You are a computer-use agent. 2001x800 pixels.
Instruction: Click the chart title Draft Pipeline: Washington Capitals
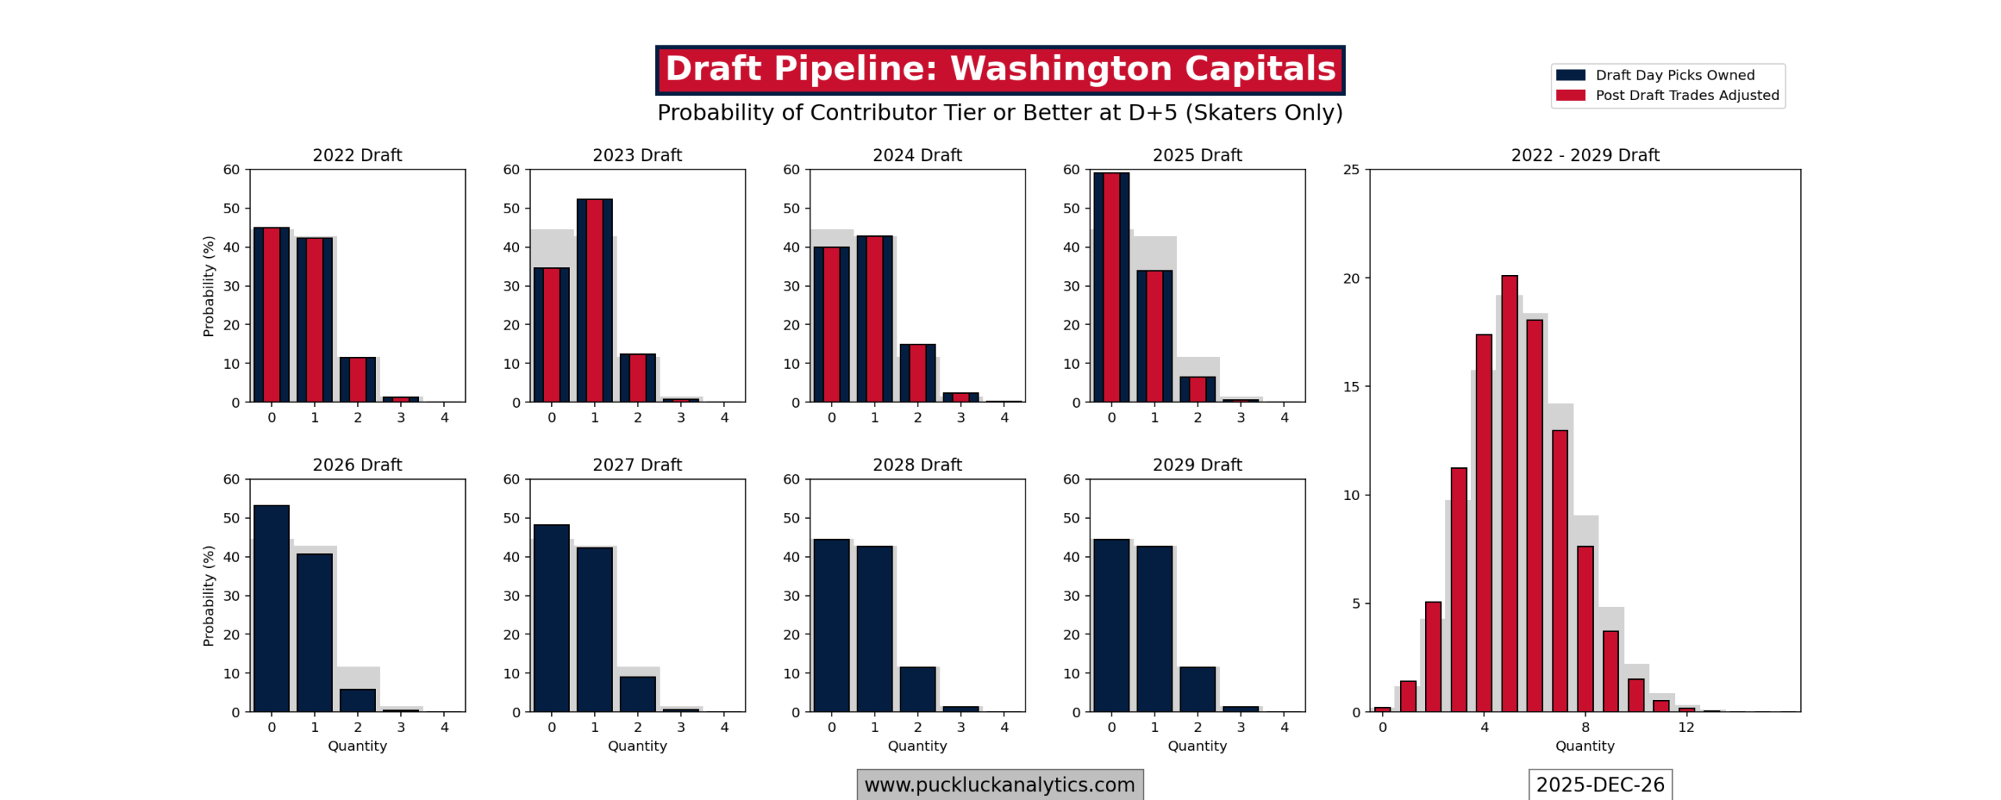pyautogui.click(x=1000, y=69)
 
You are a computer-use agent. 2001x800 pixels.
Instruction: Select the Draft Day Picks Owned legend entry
pyautogui.click(x=1673, y=75)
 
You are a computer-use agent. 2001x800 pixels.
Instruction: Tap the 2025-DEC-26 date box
pyautogui.click(x=1599, y=784)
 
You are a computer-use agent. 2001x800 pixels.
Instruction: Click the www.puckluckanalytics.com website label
pyautogui.click(x=999, y=784)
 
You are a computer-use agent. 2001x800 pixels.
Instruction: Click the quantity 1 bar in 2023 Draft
pyautogui.click(x=594, y=301)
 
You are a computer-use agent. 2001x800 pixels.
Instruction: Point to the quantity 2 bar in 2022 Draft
pyautogui.click(x=357, y=380)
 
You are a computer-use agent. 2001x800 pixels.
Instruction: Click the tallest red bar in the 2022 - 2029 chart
pyautogui.click(x=1509, y=494)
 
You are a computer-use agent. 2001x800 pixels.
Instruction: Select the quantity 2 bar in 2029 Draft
pyautogui.click(x=1197, y=689)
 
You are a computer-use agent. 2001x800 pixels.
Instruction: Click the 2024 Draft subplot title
pyautogui.click(x=917, y=155)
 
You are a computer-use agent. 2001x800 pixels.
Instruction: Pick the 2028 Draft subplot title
pyautogui.click(x=917, y=465)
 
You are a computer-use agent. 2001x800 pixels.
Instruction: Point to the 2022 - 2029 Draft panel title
pyautogui.click(x=1584, y=155)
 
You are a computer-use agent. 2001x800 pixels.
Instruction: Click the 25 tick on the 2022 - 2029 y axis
pyautogui.click(x=1351, y=170)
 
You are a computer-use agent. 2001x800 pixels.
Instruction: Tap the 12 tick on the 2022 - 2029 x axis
pyautogui.click(x=1686, y=727)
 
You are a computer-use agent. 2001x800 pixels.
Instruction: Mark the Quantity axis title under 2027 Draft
pyautogui.click(x=637, y=746)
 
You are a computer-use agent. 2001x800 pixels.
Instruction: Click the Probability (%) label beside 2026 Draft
pyautogui.click(x=208, y=595)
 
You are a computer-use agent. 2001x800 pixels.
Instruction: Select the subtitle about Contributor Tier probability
pyautogui.click(x=1000, y=112)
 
